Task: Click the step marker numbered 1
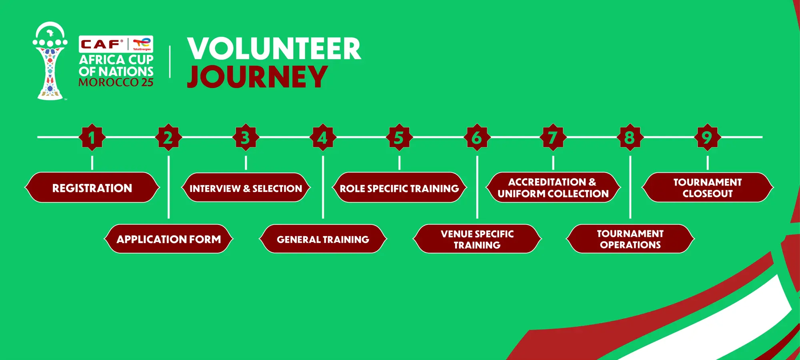pos(92,137)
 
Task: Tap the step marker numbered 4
pos(323,137)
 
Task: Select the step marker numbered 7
pos(553,137)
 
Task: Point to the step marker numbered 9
pos(707,137)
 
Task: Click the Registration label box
pos(92,188)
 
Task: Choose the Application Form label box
pos(168,239)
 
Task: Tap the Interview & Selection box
pos(246,188)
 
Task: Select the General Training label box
pos(323,239)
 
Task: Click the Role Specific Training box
pos(399,188)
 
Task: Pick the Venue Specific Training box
pos(477,239)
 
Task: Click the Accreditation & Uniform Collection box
pos(553,188)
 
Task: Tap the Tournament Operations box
pos(630,239)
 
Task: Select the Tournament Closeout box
pos(707,188)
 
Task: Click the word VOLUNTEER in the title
pos(274,49)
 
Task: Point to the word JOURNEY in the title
pos(257,77)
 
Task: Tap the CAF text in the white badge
pos(101,44)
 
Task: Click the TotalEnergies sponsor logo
pos(142,44)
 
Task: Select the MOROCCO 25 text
pos(116,82)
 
